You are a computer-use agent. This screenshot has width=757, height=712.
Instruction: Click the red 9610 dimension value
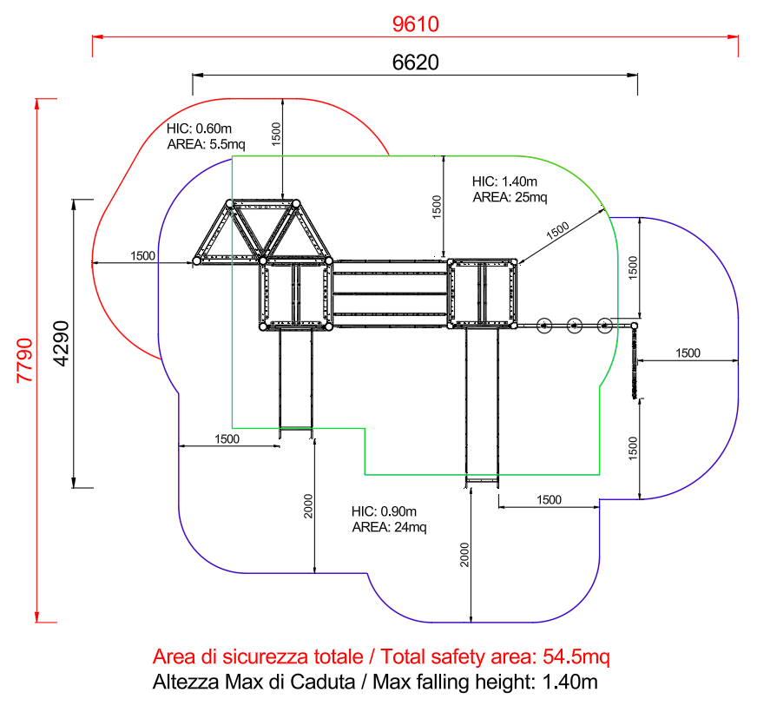tap(415, 24)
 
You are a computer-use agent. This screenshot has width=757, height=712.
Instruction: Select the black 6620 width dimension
tap(415, 63)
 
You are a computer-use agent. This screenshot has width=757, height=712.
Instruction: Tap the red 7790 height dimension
tap(24, 360)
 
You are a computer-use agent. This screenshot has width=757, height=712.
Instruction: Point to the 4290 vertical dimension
tap(62, 344)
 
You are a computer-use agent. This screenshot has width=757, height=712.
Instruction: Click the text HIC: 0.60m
tap(199, 129)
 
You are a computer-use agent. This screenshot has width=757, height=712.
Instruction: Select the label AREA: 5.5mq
tap(206, 144)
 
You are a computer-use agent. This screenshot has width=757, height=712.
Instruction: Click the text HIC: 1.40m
tap(504, 181)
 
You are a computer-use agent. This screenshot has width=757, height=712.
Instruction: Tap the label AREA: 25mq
tap(510, 197)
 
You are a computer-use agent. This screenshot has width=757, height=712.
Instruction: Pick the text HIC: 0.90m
tap(384, 511)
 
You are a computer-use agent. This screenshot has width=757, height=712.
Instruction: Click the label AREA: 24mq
tap(389, 526)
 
